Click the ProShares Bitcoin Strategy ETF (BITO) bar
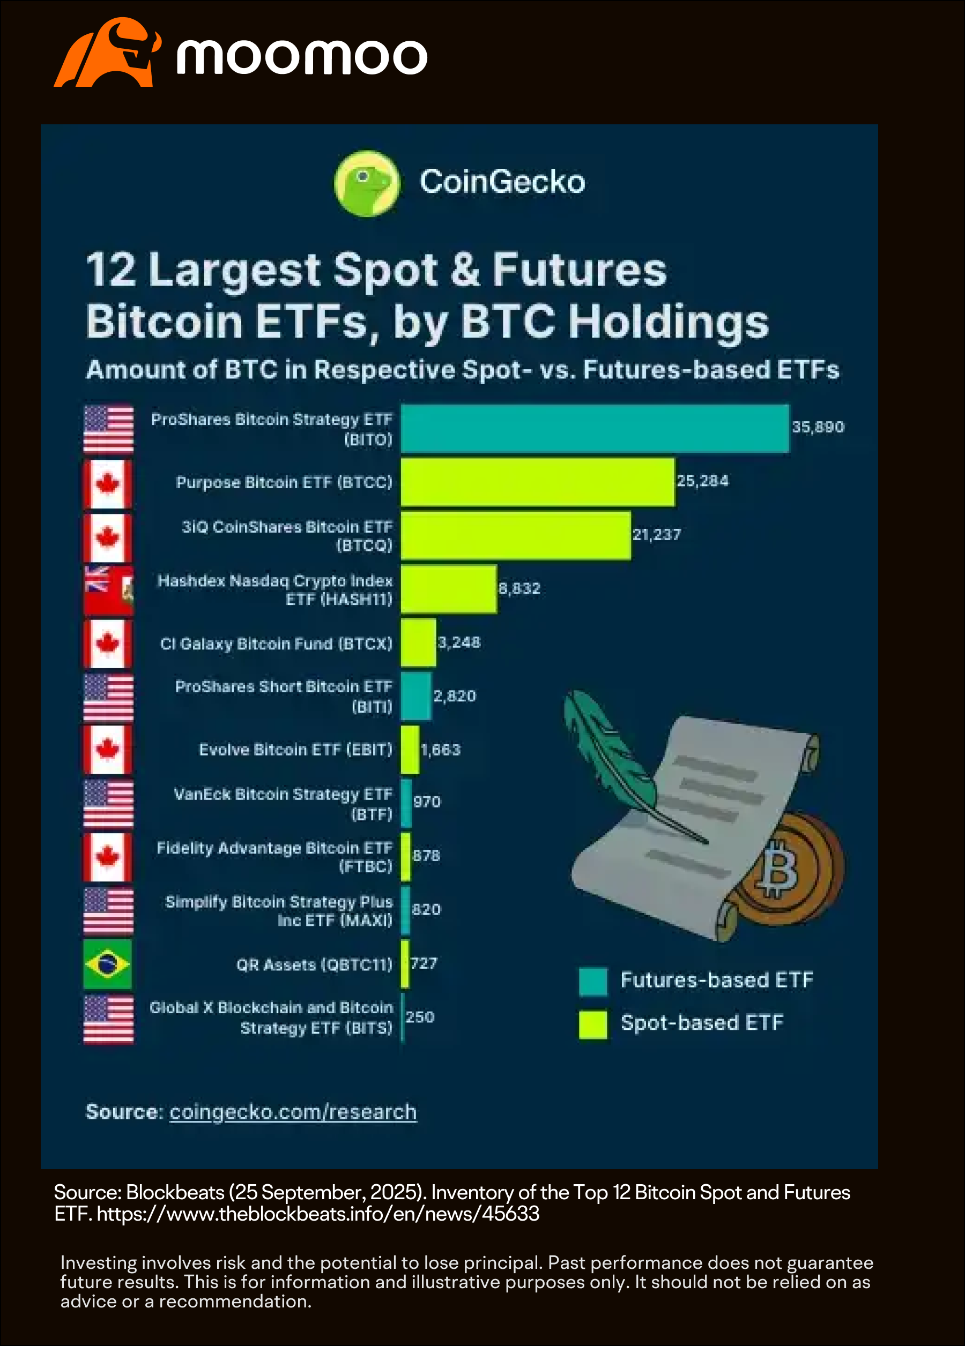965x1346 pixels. point(595,428)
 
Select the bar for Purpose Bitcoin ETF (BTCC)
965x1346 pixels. point(537,482)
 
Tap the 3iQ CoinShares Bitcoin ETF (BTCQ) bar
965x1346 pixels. point(515,535)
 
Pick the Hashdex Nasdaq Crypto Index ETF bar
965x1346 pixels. point(448,589)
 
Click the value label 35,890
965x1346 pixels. point(818,427)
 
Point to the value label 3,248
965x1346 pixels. point(459,642)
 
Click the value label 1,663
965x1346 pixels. point(440,750)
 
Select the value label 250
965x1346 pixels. point(420,1016)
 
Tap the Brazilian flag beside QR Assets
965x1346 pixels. point(107,964)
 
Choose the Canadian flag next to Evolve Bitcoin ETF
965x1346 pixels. point(107,750)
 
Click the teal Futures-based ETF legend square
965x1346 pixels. point(592,982)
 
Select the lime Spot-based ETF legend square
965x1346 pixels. point(592,1025)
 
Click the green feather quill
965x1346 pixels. point(612,754)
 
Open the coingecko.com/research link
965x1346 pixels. point(293,1112)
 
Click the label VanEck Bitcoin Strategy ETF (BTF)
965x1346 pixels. point(283,804)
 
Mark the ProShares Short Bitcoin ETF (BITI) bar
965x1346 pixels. point(415,696)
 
